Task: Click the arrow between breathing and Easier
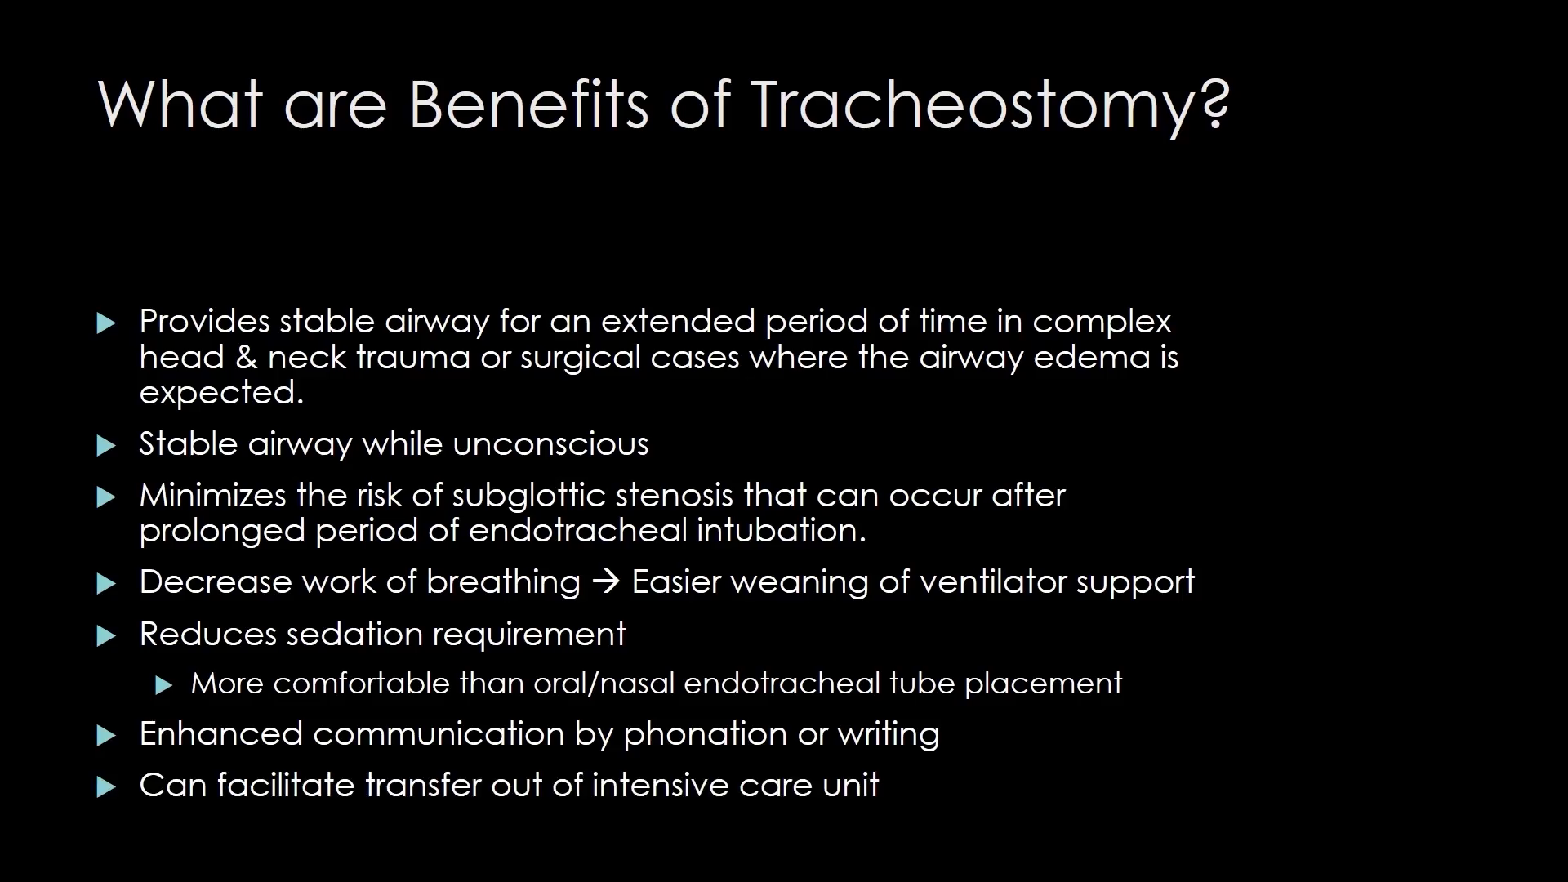tap(606, 582)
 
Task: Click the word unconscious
tap(550, 444)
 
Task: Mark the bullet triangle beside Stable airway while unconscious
tap(106, 445)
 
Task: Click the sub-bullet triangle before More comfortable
tap(164, 685)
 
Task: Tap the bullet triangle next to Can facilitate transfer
tap(106, 787)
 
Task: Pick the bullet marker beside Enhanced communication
tap(106, 736)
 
